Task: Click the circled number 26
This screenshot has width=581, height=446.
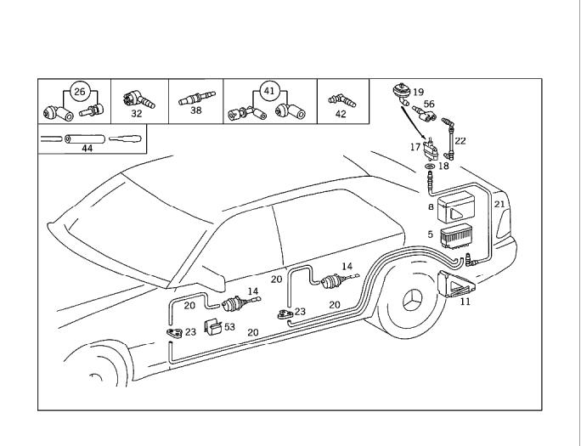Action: [x=80, y=91]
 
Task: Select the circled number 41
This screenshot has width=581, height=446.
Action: [x=269, y=90]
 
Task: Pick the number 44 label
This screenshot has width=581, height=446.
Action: [x=87, y=148]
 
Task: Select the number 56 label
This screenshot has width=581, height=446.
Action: [x=429, y=104]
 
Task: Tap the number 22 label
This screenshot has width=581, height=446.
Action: [x=460, y=141]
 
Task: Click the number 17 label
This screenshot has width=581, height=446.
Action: [x=415, y=147]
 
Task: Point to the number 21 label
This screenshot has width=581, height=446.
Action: [x=499, y=204]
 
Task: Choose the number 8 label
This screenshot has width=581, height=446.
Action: [x=431, y=206]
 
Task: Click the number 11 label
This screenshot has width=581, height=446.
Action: [x=465, y=301]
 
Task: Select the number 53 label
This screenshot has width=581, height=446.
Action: [x=229, y=327]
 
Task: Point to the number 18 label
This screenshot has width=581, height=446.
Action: [x=443, y=167]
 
